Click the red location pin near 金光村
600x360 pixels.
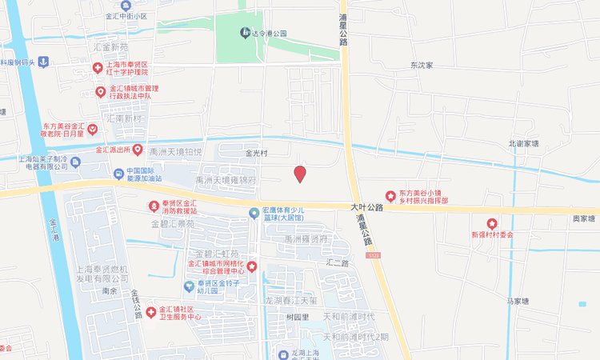point(300,174)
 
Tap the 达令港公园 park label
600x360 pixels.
point(270,33)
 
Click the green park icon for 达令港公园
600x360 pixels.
point(246,33)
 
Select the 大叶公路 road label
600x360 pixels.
point(366,206)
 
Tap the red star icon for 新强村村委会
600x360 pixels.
point(491,223)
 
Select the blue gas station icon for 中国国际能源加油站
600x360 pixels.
point(118,173)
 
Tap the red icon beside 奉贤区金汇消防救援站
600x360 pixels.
point(152,206)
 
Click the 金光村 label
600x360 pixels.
point(258,152)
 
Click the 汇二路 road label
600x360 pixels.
point(338,262)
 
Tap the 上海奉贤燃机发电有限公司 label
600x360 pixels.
point(101,274)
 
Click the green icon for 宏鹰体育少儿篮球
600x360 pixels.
point(254,213)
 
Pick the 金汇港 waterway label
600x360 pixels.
point(54,232)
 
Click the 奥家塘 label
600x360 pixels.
point(583,218)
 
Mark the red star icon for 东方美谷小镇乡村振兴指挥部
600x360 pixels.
point(390,196)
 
